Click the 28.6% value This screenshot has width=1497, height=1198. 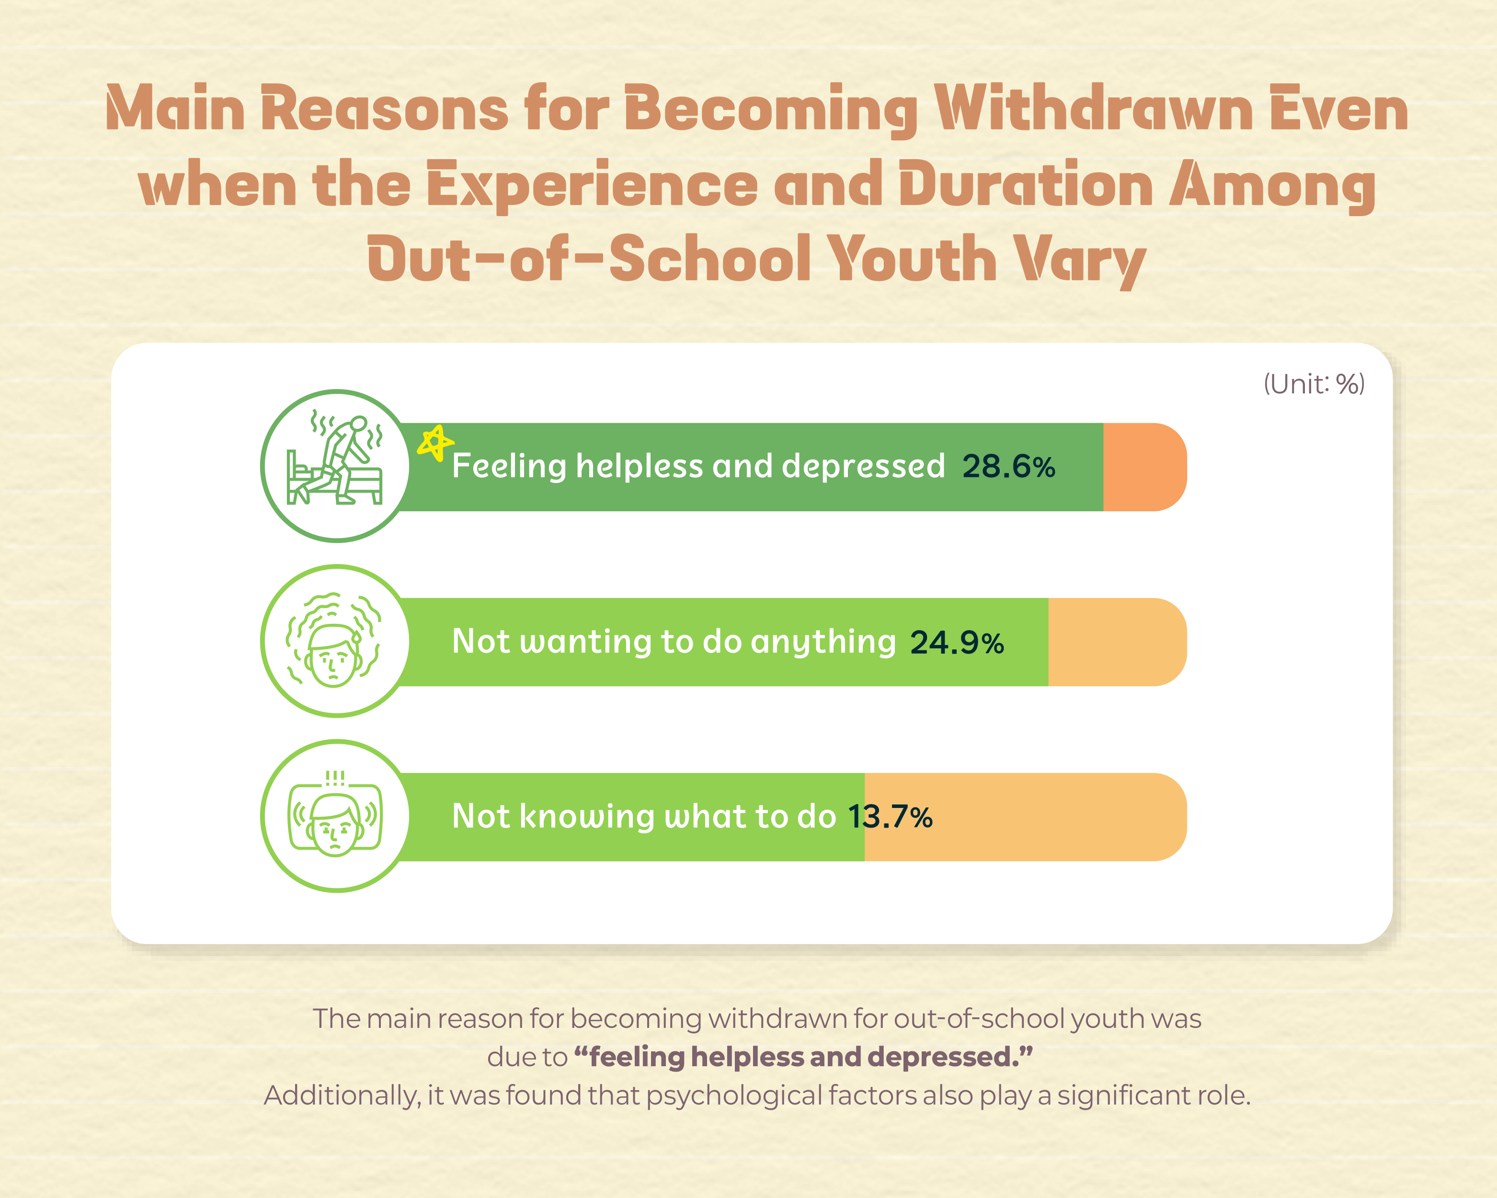point(1008,467)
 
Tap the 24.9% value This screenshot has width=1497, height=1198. point(957,643)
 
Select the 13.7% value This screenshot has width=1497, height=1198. point(890,818)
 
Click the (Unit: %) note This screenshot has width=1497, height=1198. point(1314,384)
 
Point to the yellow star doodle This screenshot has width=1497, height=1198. point(435,442)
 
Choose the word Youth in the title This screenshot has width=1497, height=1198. point(913,259)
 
